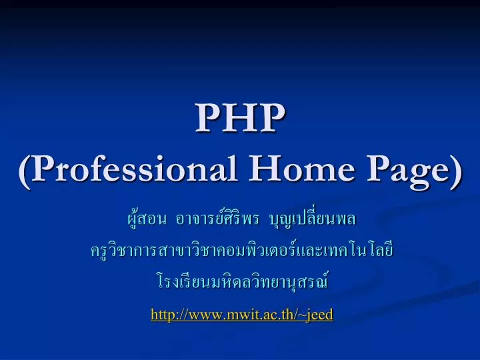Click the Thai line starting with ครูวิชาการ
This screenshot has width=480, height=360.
(x=240, y=251)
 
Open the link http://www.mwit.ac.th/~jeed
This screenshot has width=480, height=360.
(x=241, y=314)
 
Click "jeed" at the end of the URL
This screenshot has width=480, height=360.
(x=319, y=314)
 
